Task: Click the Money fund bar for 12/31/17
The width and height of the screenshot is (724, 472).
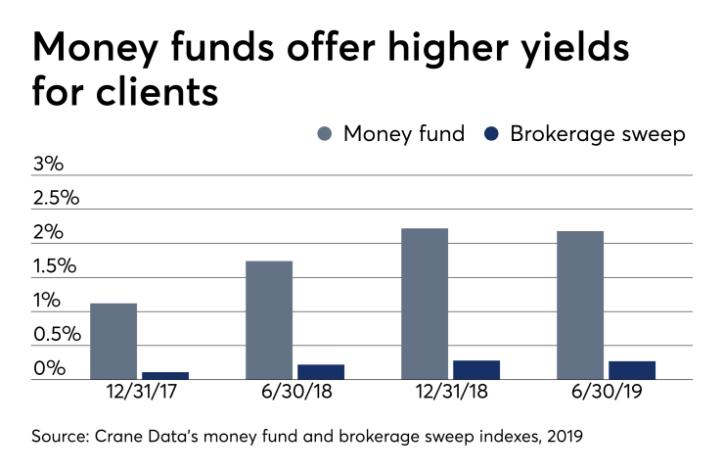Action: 113,342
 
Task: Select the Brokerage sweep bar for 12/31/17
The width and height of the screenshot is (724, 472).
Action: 165,375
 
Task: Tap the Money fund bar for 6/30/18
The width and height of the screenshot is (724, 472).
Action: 269,320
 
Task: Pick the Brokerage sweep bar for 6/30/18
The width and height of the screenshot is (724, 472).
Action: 321,372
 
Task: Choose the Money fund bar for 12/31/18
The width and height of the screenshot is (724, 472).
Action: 425,304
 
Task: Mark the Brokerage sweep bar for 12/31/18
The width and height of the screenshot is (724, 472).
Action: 476,370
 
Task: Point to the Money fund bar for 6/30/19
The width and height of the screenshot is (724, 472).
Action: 580,306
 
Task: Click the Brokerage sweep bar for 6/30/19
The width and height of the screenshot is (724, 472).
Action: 632,370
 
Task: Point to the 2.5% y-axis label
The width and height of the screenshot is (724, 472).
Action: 56,198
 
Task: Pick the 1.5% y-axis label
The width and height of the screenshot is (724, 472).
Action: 56,266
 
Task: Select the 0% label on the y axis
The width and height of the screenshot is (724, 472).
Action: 48,369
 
